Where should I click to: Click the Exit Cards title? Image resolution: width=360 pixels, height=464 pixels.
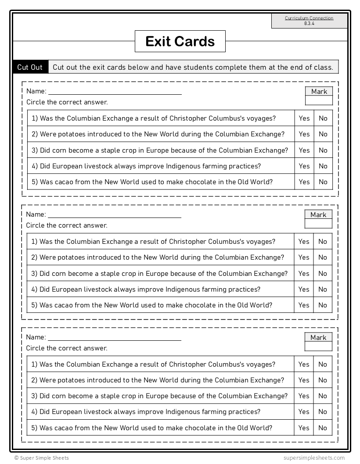tap(180, 41)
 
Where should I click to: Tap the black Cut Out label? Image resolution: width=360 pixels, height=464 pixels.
tap(30, 67)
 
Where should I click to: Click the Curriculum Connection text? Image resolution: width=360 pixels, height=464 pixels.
tap(309, 18)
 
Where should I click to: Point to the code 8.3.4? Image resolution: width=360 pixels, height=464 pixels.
tap(309, 23)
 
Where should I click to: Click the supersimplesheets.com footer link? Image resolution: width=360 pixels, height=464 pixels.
tap(314, 458)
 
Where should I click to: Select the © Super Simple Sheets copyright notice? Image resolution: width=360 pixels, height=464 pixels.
tap(41, 458)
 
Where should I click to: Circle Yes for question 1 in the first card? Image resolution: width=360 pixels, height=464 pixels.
tap(304, 118)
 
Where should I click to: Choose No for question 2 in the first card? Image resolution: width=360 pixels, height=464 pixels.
tap(323, 134)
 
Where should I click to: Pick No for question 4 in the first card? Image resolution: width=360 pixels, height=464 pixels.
tap(323, 166)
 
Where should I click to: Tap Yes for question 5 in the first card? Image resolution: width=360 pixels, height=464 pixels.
tap(304, 182)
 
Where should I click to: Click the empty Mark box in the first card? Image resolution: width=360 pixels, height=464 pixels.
tap(319, 101)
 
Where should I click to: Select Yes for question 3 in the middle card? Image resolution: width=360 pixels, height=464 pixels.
tap(304, 274)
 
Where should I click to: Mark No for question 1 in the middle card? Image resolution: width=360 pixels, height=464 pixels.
tap(323, 242)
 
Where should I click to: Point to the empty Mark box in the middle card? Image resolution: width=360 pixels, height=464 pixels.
tap(318, 224)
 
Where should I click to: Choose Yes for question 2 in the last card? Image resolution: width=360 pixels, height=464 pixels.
tap(304, 380)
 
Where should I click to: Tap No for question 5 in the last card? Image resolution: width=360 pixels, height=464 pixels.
tap(323, 428)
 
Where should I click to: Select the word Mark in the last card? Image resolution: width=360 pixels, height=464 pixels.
tap(318, 338)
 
